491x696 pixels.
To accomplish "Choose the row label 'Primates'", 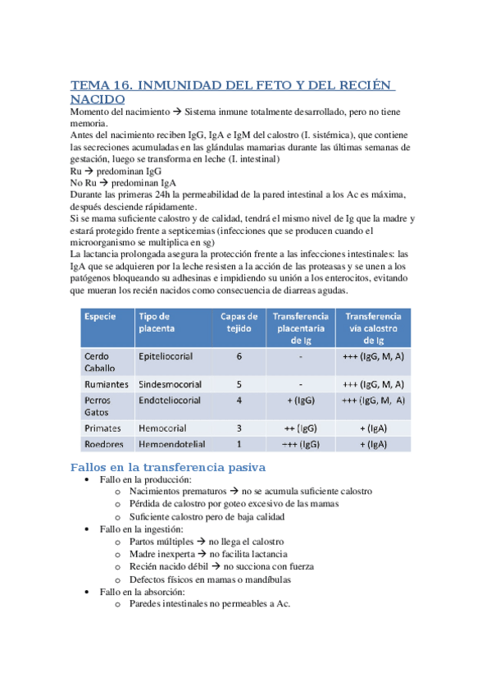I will coord(102,428).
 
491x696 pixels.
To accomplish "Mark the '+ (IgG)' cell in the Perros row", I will coord(301,401).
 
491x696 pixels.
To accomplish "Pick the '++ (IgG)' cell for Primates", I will coord(301,428).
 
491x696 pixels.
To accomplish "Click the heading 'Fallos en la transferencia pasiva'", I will coord(168,467).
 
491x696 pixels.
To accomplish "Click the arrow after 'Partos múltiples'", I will coord(201,543).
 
